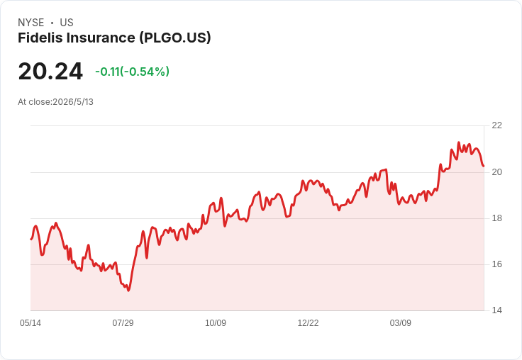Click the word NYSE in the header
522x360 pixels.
pos(31,23)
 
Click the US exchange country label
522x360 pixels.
pos(67,23)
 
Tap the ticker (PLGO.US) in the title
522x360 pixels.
pos(175,38)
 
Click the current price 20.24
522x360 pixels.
pos(50,71)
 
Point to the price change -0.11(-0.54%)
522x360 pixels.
pos(132,72)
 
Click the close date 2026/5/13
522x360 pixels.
pos(73,102)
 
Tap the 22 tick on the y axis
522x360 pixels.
pos(496,125)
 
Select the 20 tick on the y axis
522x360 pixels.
pos(496,172)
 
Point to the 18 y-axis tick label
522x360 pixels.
pos(496,218)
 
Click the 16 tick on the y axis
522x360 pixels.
pos(496,264)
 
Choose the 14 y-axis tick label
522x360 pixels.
pos(496,310)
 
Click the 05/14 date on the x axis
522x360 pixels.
pos(30,323)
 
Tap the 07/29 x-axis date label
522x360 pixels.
pos(123,323)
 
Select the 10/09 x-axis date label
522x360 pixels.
pos(216,323)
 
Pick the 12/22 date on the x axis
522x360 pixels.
pos(308,323)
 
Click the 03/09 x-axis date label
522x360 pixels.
pos(401,323)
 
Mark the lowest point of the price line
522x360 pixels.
pos(128,291)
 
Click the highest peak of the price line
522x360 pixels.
pos(459,142)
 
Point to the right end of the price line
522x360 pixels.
pos(484,166)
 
